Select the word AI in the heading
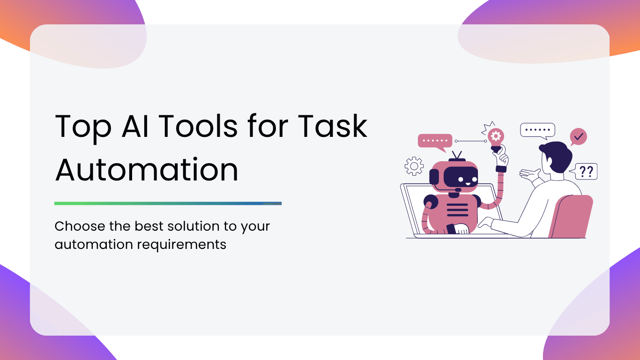(135, 126)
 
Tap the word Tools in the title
(198, 126)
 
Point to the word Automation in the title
(147, 169)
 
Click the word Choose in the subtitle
(80, 226)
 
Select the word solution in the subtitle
(193, 226)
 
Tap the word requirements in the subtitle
(182, 245)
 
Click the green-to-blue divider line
(168, 203)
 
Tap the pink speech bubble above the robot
(435, 142)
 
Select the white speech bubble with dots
(538, 131)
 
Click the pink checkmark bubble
(578, 137)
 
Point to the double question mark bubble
(585, 171)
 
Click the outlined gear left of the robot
(414, 166)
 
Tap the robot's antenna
(457, 157)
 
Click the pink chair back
(571, 217)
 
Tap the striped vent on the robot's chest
(457, 210)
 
